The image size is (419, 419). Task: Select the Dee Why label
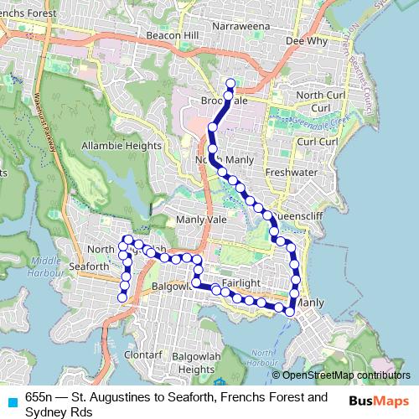click(x=305, y=39)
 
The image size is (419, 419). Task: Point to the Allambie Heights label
click(x=122, y=145)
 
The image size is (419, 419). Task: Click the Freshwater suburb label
click(x=287, y=173)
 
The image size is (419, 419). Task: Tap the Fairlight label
click(x=242, y=283)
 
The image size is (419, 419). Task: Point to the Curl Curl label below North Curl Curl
click(x=317, y=142)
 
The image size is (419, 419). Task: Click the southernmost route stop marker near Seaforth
click(x=122, y=296)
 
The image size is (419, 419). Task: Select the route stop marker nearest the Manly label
click(x=290, y=311)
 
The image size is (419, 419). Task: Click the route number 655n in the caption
click(x=39, y=396)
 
